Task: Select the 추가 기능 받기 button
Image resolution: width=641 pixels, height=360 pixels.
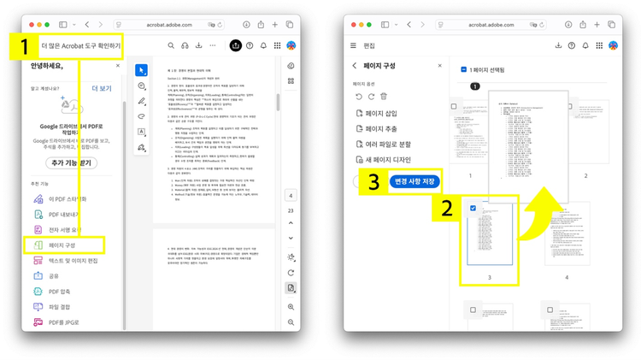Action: [73, 162]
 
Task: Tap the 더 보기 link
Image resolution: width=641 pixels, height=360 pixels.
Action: [100, 87]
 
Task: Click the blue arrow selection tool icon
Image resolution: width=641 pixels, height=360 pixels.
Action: [142, 70]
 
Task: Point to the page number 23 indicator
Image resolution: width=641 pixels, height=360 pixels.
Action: [291, 210]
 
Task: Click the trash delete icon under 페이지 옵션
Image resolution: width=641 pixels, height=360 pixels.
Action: [384, 97]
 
